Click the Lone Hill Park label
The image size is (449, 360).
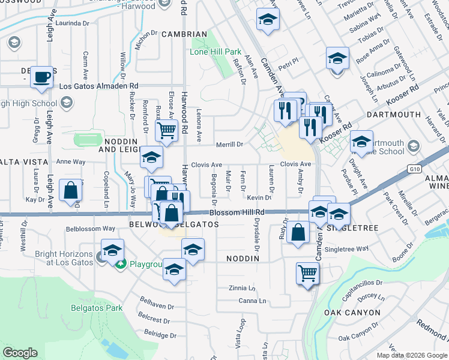pos(215,52)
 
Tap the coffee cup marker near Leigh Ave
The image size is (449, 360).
pos(41,77)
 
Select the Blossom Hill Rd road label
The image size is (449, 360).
pos(237,212)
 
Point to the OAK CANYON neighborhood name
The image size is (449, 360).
pos(352,313)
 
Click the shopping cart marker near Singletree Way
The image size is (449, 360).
pos(307,274)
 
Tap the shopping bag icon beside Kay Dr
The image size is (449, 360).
pos(71,190)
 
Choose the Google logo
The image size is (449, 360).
pos(20,353)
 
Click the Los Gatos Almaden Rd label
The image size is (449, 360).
pos(99,86)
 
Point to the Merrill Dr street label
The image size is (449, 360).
pos(231,145)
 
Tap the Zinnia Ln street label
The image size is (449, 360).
pos(243,288)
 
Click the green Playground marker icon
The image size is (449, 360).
pos(121,264)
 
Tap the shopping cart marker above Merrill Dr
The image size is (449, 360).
pos(166,130)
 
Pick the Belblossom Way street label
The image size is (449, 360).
pos(91,229)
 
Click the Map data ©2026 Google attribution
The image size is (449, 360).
pos(411,355)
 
